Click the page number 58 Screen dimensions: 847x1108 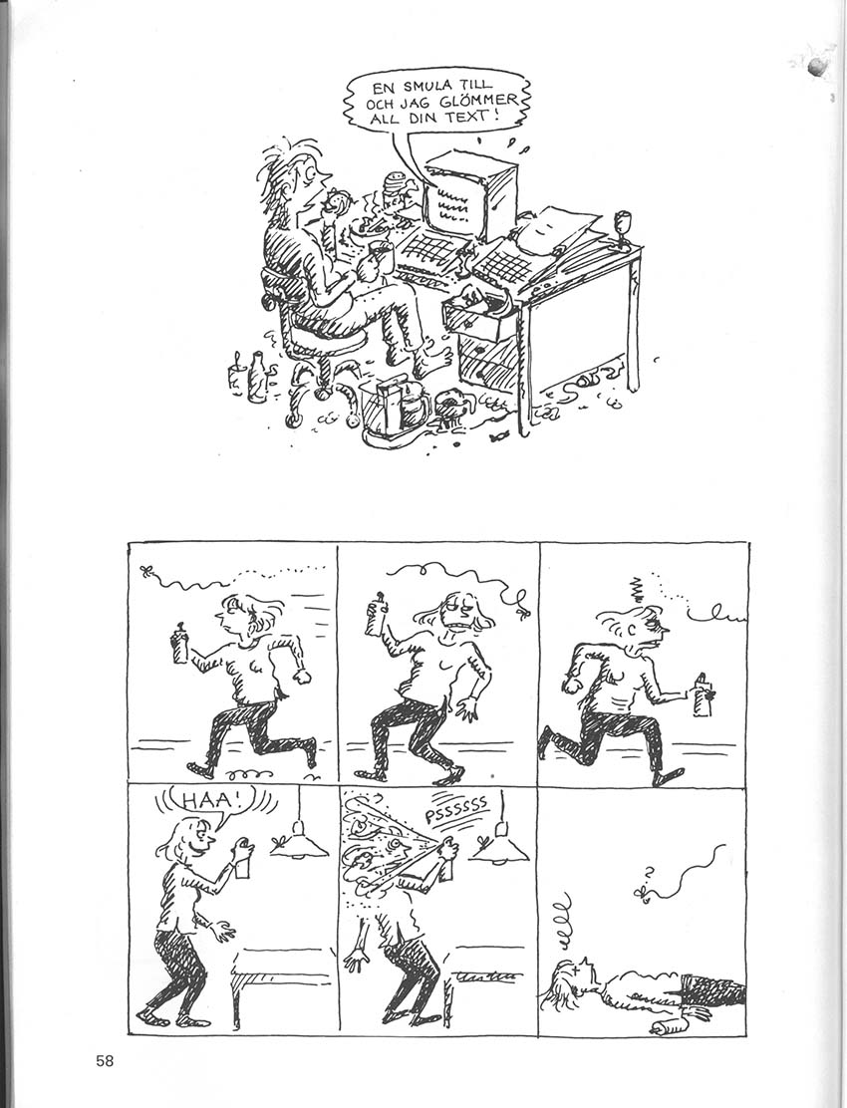105,1060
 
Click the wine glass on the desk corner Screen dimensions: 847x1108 623,229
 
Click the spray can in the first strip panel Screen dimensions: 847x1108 180,643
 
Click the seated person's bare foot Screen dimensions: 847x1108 430,362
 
